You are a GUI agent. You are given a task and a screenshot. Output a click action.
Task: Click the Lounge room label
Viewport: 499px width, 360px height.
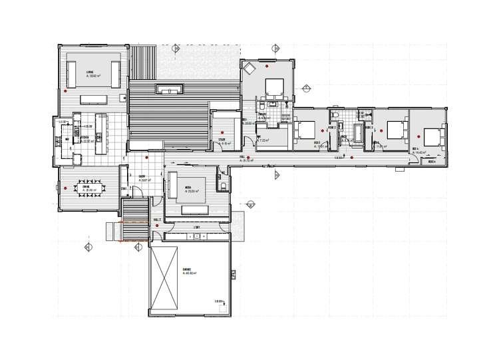88,71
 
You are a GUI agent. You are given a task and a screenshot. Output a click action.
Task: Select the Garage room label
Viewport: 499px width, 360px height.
187,270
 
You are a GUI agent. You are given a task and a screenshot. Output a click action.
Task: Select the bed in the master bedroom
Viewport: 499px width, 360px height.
275,87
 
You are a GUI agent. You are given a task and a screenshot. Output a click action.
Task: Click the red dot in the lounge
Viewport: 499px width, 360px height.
65,91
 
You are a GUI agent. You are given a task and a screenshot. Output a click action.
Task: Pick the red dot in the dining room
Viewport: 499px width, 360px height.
66,189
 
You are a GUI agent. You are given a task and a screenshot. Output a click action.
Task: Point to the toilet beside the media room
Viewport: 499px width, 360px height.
224,187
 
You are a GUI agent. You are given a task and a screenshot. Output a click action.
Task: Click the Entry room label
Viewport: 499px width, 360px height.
142,178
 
